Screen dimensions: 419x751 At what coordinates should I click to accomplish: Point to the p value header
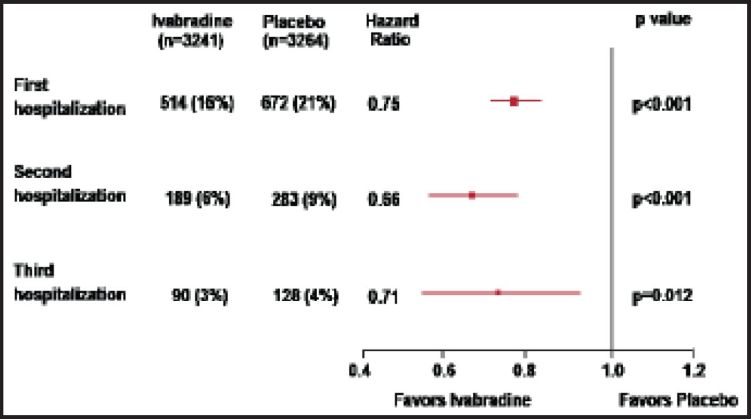click(663, 19)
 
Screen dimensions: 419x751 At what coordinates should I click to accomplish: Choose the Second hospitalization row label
click(69, 185)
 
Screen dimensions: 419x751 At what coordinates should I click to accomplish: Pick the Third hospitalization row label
click(69, 282)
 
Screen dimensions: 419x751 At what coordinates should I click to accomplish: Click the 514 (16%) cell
click(197, 104)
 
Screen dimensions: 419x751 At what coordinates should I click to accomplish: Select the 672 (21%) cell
click(298, 104)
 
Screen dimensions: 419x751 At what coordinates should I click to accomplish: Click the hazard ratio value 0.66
click(384, 200)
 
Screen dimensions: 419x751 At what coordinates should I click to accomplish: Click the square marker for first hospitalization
click(514, 101)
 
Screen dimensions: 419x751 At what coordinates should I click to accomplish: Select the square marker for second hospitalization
click(472, 195)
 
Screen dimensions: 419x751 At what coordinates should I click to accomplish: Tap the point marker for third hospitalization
click(498, 292)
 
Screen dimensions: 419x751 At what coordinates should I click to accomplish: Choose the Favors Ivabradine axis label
click(462, 400)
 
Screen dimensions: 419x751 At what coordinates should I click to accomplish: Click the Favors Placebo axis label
click(678, 400)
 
